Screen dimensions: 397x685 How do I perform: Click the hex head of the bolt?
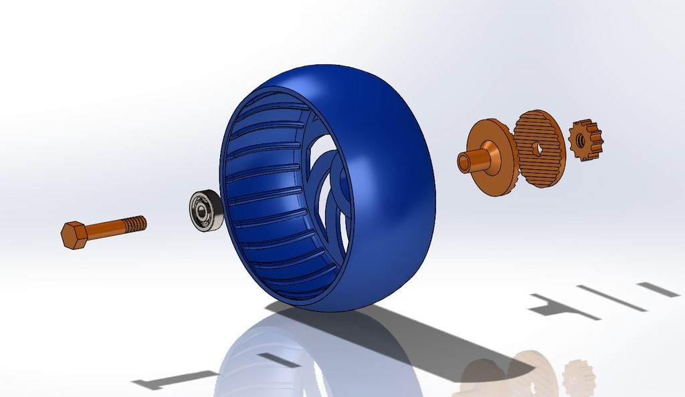(73, 235)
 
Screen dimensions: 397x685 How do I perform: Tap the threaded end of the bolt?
(135, 224)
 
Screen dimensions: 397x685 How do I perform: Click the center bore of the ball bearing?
(200, 211)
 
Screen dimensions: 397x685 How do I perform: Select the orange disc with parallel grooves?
(541, 148)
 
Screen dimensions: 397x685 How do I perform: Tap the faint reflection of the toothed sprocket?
(577, 377)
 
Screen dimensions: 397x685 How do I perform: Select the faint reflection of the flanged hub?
(482, 378)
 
